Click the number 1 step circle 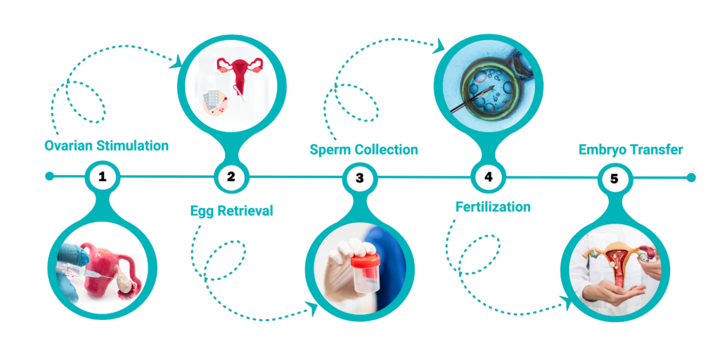pyautogui.click(x=103, y=176)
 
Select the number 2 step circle pyautogui.click(x=231, y=176)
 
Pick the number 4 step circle pyautogui.click(x=488, y=176)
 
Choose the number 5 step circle pyautogui.click(x=615, y=178)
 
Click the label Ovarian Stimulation pyautogui.click(x=107, y=146)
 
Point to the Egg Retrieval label pyautogui.click(x=231, y=211)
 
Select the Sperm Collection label pyautogui.click(x=364, y=150)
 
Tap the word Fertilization pyautogui.click(x=493, y=207)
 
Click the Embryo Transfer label pyautogui.click(x=631, y=150)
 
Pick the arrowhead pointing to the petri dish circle pyautogui.click(x=440, y=45)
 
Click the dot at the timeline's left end pyautogui.click(x=50, y=176)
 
